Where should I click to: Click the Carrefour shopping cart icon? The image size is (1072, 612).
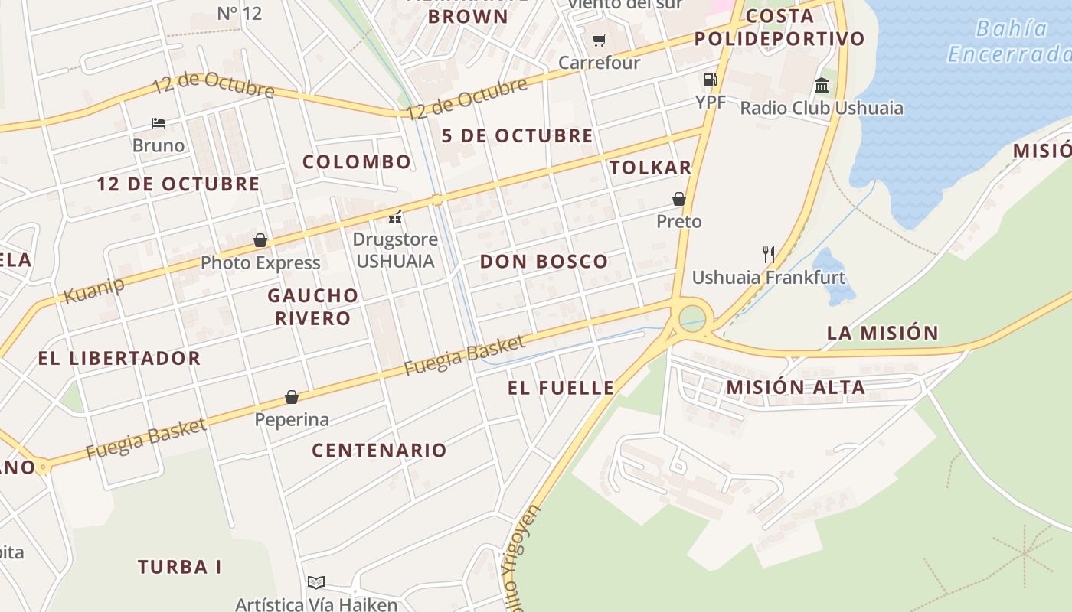[x=600, y=40]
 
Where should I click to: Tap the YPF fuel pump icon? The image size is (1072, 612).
[x=710, y=80]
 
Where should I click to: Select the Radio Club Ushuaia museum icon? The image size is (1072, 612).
[x=822, y=85]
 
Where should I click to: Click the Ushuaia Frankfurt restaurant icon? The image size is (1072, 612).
[x=768, y=254]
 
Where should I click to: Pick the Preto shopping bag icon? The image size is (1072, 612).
[x=678, y=199]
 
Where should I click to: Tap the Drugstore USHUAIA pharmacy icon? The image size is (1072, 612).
[x=395, y=217]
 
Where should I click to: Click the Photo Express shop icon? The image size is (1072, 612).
[x=260, y=240]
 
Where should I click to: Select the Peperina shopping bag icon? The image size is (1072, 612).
[x=292, y=397]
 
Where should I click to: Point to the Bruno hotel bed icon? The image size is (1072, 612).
[x=159, y=122]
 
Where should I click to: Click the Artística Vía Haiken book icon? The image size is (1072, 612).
[x=316, y=583]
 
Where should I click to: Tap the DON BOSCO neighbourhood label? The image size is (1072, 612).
[x=544, y=262]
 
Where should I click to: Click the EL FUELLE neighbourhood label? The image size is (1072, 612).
[x=561, y=388]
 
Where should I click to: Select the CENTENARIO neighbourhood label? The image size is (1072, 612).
[x=379, y=450]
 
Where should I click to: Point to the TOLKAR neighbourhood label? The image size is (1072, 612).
[x=650, y=168]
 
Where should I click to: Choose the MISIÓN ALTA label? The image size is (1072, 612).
[x=796, y=387]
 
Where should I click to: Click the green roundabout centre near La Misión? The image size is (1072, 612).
[x=692, y=317]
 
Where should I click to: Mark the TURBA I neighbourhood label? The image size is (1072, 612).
[x=179, y=567]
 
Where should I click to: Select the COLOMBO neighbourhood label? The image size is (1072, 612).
[x=357, y=162]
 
